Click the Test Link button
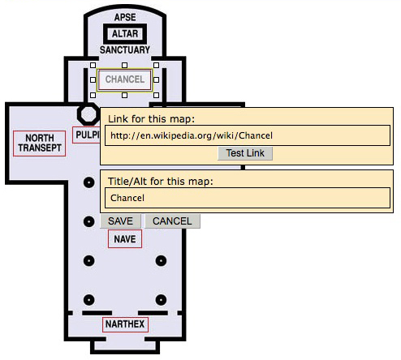tap(245, 153)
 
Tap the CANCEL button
tap(172, 221)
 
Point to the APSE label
tap(125, 17)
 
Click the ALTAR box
tap(125, 34)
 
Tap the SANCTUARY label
tap(125, 50)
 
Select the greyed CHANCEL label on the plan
tap(124, 79)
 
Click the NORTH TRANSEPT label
tap(40, 144)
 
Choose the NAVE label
tap(125, 239)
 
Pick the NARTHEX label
tap(125, 325)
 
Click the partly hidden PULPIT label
tap(86, 134)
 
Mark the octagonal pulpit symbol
tap(86, 113)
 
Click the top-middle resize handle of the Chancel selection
tap(124, 65)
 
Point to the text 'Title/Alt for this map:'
tap(159, 181)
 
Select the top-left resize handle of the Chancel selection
tap(93, 65)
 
